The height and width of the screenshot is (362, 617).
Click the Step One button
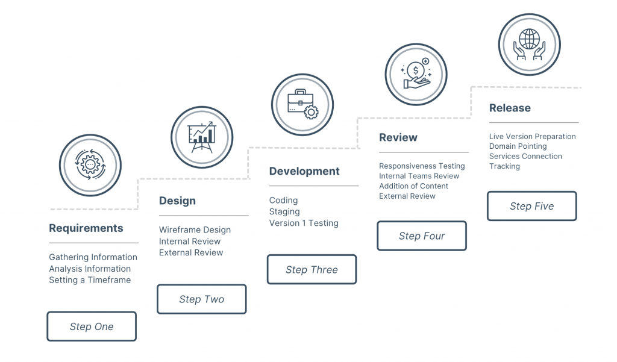point(92,326)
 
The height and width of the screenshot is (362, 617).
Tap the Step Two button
point(201,299)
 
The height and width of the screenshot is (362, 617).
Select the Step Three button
point(312,269)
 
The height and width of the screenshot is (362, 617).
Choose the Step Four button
point(422,236)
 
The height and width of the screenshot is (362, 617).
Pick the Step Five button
point(531,206)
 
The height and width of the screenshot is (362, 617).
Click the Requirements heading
point(86,228)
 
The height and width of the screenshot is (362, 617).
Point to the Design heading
point(177,201)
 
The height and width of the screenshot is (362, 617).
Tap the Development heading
point(304,171)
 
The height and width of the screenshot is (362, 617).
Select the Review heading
point(398,137)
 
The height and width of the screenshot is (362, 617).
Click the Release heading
point(510,108)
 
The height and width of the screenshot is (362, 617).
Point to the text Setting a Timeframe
point(90,279)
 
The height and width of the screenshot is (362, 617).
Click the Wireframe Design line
point(195,229)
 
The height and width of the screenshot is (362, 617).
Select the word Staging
point(284,211)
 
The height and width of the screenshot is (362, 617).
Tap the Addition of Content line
point(413,186)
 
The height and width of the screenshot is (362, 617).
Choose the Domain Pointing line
point(518,146)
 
